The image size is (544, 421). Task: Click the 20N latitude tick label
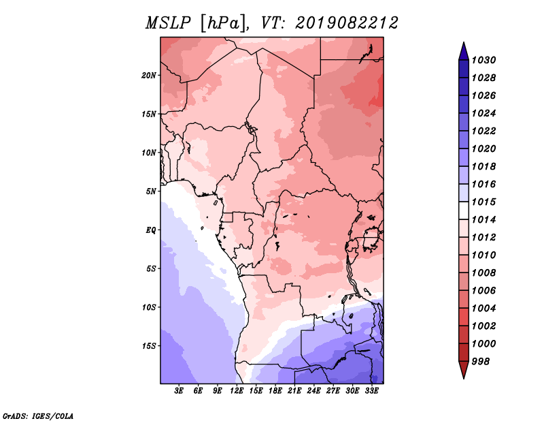(148, 76)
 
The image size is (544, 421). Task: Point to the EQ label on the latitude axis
(150, 230)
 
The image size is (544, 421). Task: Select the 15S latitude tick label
(148, 346)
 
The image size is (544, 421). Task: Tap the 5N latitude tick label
(151, 191)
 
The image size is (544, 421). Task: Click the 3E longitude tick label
(179, 391)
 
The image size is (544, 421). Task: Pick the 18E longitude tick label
(275, 391)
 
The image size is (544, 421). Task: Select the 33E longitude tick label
(371, 391)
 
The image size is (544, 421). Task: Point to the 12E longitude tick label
(237, 391)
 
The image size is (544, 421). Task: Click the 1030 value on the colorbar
(483, 60)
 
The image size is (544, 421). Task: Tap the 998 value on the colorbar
(481, 362)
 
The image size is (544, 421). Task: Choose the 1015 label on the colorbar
(483, 202)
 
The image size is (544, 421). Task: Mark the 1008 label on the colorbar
(483, 273)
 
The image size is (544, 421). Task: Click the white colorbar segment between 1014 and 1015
(464, 210)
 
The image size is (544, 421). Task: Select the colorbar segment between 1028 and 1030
(464, 69)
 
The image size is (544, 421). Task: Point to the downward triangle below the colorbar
(464, 370)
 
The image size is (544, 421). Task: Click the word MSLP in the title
(168, 23)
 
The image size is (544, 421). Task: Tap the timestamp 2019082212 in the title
(347, 23)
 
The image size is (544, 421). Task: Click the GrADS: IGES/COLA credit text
(38, 416)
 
